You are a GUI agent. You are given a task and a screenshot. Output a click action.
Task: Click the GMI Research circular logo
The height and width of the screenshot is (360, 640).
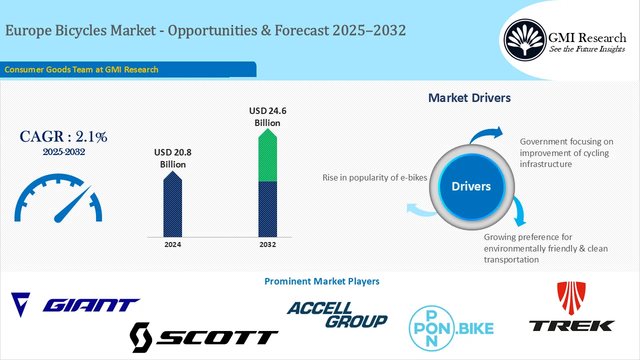(x=524, y=40)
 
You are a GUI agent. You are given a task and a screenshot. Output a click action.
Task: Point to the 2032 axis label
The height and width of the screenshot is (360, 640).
(x=267, y=244)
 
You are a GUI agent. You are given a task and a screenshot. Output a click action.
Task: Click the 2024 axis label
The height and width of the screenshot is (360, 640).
(x=172, y=244)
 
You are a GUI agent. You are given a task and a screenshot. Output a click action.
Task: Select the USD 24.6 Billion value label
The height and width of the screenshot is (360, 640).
(x=267, y=116)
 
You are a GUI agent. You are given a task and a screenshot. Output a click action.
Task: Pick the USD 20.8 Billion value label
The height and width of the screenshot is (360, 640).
(x=172, y=158)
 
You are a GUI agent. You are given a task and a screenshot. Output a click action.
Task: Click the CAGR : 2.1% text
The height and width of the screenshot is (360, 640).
(x=63, y=136)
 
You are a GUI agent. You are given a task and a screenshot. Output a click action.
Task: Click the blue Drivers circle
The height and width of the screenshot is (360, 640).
(x=471, y=186)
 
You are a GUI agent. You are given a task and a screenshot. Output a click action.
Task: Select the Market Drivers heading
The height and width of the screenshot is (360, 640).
(x=469, y=98)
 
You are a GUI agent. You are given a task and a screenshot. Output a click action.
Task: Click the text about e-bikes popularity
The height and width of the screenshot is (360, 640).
(x=374, y=177)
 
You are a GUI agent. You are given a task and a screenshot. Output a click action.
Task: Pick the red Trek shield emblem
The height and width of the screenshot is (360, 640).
(x=571, y=297)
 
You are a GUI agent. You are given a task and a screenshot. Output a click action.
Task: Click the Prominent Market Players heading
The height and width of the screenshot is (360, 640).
(x=321, y=281)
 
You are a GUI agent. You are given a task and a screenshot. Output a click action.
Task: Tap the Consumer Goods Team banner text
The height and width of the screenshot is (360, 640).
(x=81, y=69)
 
